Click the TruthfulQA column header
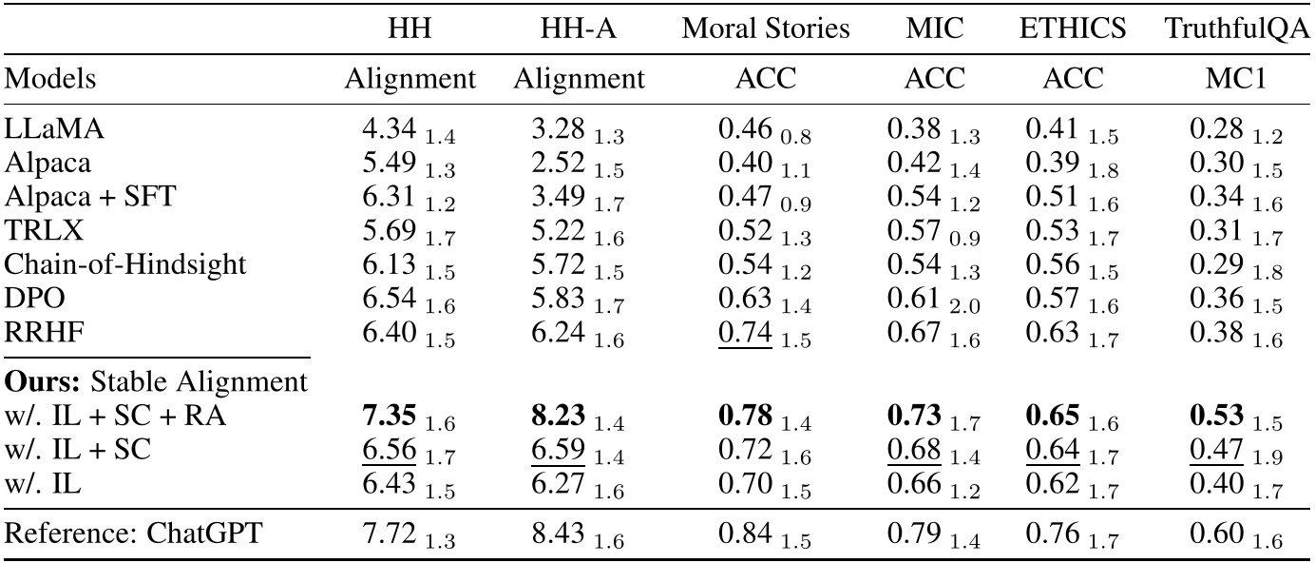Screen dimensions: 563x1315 pos(1236,29)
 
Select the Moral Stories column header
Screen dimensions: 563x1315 pos(766,29)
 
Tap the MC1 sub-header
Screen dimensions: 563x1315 pos(1236,79)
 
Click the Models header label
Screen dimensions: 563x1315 pos(50,79)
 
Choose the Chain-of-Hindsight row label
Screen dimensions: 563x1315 pos(126,262)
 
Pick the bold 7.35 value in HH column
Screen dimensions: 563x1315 pos(388,415)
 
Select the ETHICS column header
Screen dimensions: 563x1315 pos(1071,29)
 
